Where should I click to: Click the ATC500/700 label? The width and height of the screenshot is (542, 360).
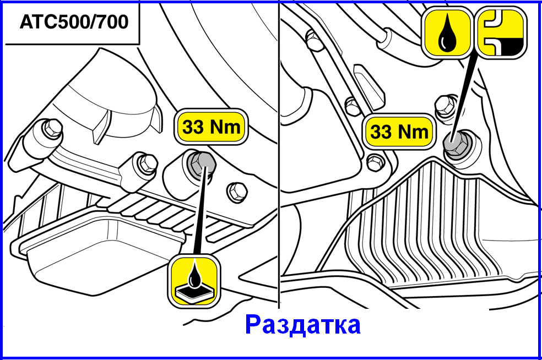pyautogui.click(x=74, y=22)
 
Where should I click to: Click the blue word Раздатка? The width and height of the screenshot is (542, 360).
pyautogui.click(x=303, y=325)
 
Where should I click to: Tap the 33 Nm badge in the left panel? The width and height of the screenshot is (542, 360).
pyautogui.click(x=211, y=127)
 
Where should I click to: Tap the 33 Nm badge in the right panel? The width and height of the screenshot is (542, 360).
pyautogui.click(x=399, y=132)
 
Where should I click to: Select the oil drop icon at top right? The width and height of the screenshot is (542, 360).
pyautogui.click(x=447, y=32)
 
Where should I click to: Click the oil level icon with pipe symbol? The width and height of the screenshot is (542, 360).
pyautogui.click(x=502, y=32)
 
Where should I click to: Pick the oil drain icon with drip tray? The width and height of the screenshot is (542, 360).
pyautogui.click(x=194, y=281)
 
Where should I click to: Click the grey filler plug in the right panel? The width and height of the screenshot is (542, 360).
pyautogui.click(x=456, y=144)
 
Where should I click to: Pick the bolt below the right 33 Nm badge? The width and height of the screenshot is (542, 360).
pyautogui.click(x=375, y=162)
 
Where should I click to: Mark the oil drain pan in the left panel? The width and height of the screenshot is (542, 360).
pyautogui.click(x=97, y=252)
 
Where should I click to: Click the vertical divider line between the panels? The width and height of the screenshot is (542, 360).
pyautogui.click(x=279, y=155)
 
